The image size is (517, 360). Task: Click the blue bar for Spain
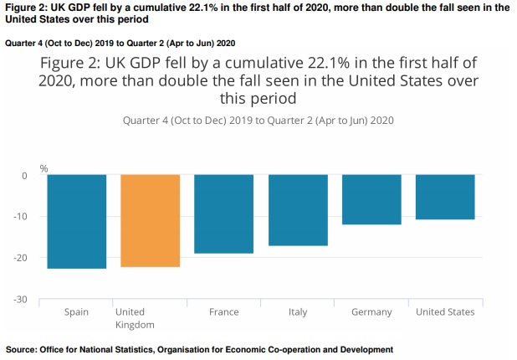click(x=76, y=221)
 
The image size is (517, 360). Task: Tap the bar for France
click(x=224, y=213)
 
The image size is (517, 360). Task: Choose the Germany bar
click(x=371, y=199)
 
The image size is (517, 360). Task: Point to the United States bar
click(x=445, y=197)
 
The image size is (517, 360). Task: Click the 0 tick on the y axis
click(x=24, y=176)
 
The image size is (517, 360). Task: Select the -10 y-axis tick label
click(x=21, y=217)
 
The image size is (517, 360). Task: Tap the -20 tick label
click(x=21, y=258)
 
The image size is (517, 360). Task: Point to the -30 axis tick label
click(x=21, y=299)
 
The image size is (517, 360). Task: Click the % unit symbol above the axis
click(x=44, y=167)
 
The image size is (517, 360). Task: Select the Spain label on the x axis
click(x=76, y=312)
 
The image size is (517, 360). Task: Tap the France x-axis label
click(x=224, y=312)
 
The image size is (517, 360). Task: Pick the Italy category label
click(x=298, y=312)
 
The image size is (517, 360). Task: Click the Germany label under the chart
click(x=371, y=312)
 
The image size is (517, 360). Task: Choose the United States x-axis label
click(x=445, y=312)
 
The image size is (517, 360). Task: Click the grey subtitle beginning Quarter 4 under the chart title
click(x=258, y=120)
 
